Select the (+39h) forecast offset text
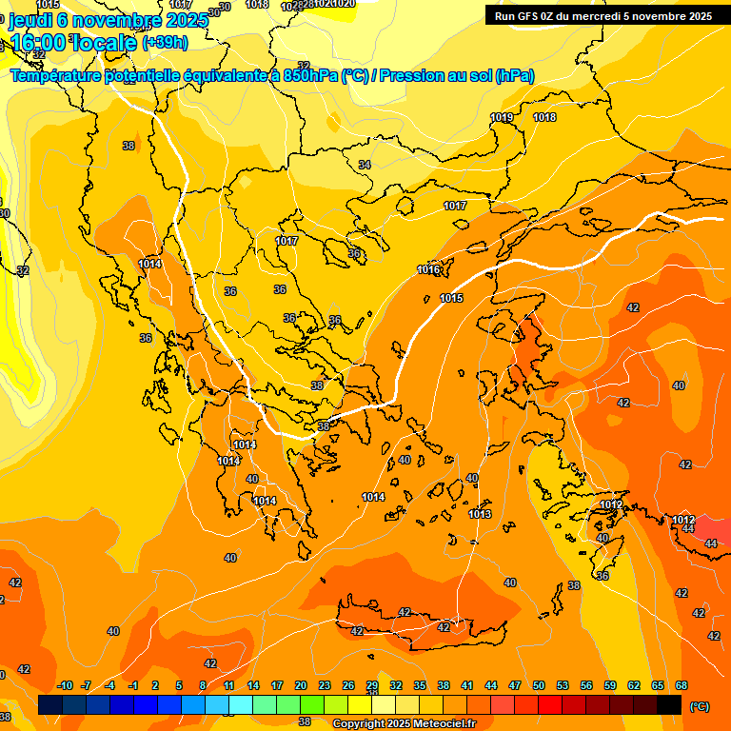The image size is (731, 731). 165,43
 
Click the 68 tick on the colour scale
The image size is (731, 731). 682,685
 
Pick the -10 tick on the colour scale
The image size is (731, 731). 65,685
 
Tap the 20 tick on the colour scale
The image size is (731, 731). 301,685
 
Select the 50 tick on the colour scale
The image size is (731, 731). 539,685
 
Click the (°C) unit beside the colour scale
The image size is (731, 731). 700,706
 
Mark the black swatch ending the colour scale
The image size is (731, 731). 669,705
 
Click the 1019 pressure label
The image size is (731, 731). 502,117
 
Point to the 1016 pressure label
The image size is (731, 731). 428,270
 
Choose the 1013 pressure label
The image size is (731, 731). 480,514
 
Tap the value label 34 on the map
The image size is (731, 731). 365,165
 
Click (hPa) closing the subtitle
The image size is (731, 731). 515,76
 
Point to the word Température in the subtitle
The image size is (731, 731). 57,76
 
